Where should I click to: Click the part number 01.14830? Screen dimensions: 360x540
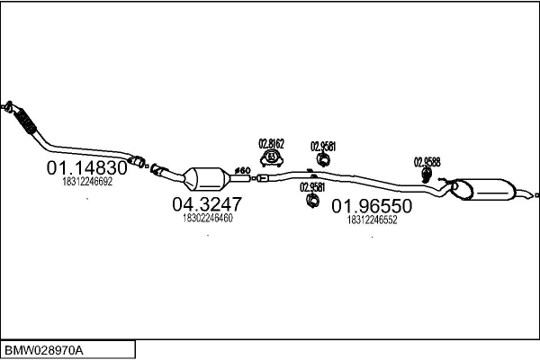pos(86,168)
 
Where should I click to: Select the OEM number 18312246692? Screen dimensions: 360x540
pos(87,181)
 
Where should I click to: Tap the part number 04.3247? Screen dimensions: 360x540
pos(207,204)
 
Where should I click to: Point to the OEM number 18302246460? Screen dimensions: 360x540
pos(207,217)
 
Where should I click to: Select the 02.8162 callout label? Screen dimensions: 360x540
pos(271,142)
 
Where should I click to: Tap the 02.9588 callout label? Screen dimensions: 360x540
pos(427,162)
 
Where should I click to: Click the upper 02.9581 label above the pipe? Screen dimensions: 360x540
pos(323,145)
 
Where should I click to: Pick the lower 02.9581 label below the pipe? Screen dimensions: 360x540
pos(311,187)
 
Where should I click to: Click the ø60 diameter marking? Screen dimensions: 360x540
pos(243,170)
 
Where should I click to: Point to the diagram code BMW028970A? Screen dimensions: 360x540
pos(45,348)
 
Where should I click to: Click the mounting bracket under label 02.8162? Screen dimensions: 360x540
pos(270,158)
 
